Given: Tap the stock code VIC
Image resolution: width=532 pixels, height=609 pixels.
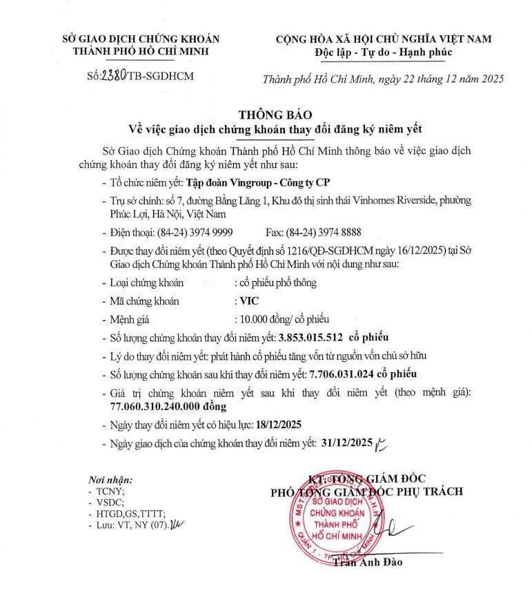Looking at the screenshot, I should (245, 301).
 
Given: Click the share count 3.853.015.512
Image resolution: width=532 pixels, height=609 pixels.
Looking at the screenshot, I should (311, 337).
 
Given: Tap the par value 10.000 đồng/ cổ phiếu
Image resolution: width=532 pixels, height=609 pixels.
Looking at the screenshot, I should (283, 319).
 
